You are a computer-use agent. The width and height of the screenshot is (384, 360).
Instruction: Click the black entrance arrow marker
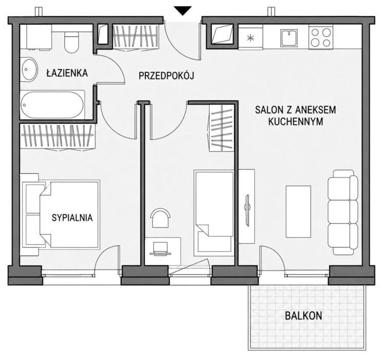pyautogui.click(x=182, y=11)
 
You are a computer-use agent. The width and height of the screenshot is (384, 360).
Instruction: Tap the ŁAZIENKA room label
pyautogui.click(x=67, y=73)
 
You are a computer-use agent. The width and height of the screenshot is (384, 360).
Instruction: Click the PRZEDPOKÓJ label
pyautogui.click(x=166, y=76)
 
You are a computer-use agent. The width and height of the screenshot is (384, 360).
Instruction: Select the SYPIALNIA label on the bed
pyautogui.click(x=72, y=218)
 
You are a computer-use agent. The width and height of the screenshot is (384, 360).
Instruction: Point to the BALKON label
pyautogui.click(x=303, y=316)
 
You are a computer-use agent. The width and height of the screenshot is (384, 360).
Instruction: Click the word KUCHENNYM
pyautogui.click(x=296, y=121)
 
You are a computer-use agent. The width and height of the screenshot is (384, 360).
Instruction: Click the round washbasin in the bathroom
pyautogui.click(x=29, y=69)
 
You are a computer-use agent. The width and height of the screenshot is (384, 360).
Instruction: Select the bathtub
pyautogui.click(x=52, y=104)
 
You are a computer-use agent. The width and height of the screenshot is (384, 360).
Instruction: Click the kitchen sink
pyautogui.click(x=289, y=38)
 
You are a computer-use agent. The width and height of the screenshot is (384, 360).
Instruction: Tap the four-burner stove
pyautogui.click(x=321, y=38)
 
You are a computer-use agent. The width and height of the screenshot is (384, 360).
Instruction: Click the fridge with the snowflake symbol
pyautogui.click(x=250, y=37)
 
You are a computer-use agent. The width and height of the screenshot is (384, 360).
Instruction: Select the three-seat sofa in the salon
pyautogui.click(x=343, y=212)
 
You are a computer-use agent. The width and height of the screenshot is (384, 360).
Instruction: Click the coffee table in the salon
pyautogui.click(x=298, y=211)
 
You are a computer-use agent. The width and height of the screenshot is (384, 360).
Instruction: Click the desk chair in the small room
pyautogui.click(x=160, y=218)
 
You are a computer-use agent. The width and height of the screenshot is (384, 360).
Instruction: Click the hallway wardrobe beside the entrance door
pyautogui.click(x=136, y=37)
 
